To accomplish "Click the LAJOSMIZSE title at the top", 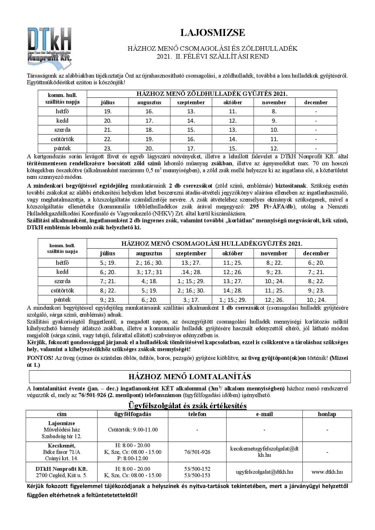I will pos(213,33).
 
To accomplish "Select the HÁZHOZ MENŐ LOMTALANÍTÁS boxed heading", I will pos(190,376).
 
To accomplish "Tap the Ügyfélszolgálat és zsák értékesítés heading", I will pos(187,405).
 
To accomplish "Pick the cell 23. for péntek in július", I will pos(108,148).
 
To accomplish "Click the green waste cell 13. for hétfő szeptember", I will pos(191,111).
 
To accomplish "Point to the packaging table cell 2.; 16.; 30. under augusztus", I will pos(149,263).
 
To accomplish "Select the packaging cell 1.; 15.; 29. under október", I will pos(233,300).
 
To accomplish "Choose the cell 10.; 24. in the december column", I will pos(316,300).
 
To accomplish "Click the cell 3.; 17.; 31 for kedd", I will pos(149,272).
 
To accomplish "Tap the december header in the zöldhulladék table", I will pos(316,102).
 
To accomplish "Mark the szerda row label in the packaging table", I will pos(62,281).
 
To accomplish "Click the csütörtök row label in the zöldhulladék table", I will pos(62,139).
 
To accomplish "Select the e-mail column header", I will pos(264,414).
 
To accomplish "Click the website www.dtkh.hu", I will pos(327,472).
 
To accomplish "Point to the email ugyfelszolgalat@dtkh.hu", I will pos(264,472).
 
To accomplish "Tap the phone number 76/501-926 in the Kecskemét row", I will pos(197,452).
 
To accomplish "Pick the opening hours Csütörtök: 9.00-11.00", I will pos(132,429).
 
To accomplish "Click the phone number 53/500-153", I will pos(197,475).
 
